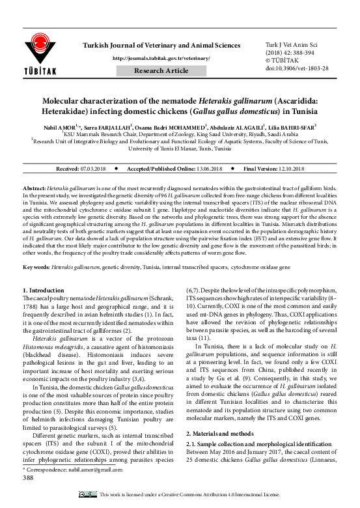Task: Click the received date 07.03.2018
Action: (x=95, y=168)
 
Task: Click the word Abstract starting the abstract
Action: (x=35, y=187)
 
